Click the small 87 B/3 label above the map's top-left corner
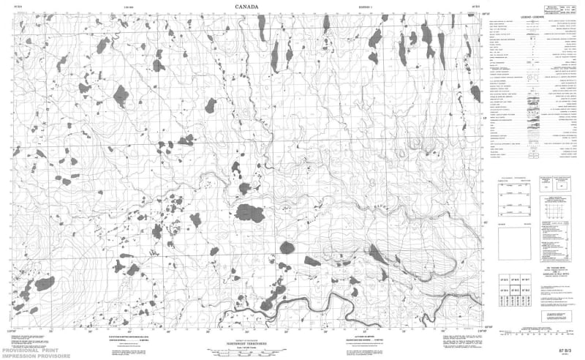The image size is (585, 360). pyautogui.click(x=26, y=10)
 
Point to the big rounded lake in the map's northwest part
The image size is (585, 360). pyautogui.click(x=120, y=93)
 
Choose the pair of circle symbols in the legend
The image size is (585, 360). pyautogui.click(x=533, y=75)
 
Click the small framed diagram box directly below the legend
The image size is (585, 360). pyautogui.click(x=545, y=186)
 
